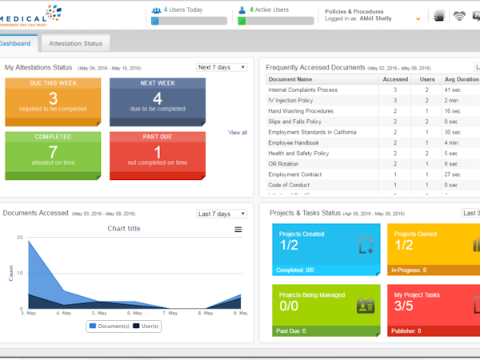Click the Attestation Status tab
75,42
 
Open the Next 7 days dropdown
222,67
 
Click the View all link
238,132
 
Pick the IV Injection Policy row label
291,101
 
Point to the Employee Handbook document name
293,142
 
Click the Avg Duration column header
462,80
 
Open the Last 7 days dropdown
222,214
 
